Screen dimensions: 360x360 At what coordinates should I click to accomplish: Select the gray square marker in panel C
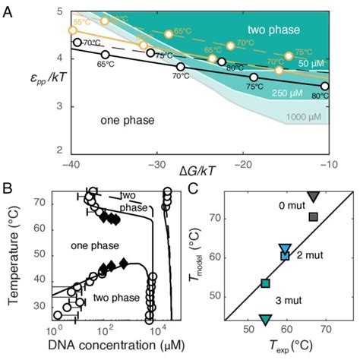click(313, 217)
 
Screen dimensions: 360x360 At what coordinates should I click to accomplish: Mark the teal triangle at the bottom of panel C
click(265, 321)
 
